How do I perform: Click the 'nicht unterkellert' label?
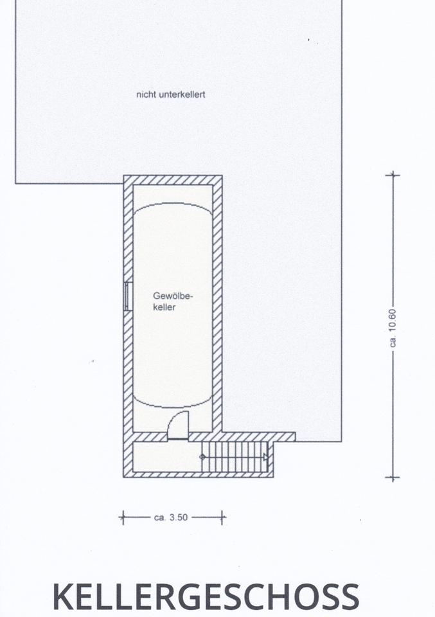171,94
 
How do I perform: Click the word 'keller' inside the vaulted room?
164,307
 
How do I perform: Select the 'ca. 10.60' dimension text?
393,328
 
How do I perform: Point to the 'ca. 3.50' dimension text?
171,517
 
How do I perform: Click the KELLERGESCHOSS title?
206,596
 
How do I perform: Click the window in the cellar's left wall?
128,296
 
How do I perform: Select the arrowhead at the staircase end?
265,457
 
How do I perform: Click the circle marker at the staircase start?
202,457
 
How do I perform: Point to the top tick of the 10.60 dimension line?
393,174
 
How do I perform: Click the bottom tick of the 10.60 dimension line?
393,478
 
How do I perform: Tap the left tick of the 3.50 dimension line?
123,517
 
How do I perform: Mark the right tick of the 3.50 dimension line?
222,517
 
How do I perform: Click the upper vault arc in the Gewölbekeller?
173,204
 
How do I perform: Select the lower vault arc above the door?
173,406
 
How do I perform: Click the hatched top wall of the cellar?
173,180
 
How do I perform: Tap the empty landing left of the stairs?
167,457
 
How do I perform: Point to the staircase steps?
235,457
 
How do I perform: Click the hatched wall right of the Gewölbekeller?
217,308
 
